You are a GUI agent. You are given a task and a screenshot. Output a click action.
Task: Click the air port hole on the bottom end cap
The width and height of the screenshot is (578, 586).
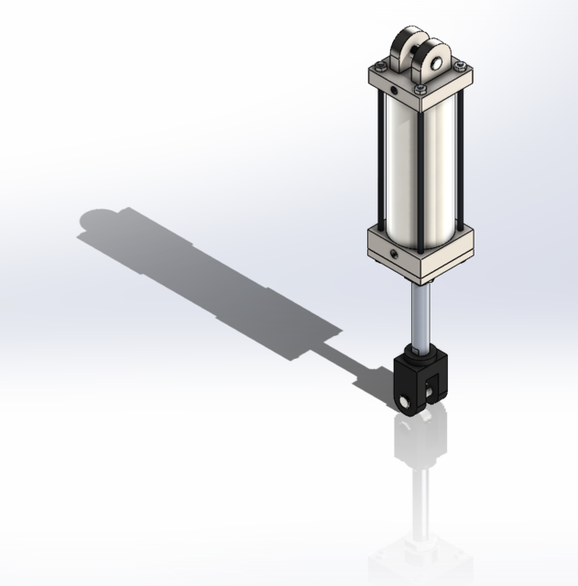tap(393, 252)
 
